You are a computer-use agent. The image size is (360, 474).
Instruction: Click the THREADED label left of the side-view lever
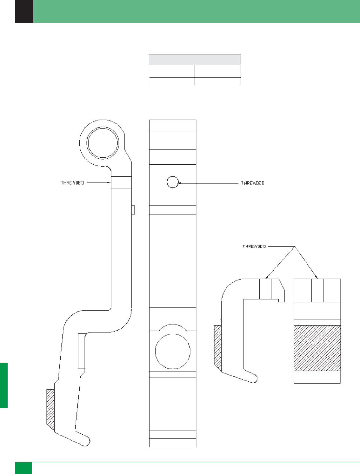[72, 183]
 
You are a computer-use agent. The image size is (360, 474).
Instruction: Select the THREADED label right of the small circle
[253, 183]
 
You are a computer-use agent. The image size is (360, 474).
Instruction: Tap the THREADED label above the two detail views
[254, 246]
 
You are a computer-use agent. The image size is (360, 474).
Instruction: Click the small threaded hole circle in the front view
[173, 182]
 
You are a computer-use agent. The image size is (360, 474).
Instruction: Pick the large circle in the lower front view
[173, 351]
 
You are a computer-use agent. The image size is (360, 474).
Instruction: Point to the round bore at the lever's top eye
[103, 143]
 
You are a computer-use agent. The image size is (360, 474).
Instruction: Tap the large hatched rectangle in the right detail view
[317, 348]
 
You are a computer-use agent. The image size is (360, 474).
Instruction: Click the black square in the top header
[24, 11]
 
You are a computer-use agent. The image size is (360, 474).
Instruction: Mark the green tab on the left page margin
[4, 385]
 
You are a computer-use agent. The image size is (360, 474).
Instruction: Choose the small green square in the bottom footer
[23, 468]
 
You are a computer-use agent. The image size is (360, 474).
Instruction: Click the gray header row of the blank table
[195, 60]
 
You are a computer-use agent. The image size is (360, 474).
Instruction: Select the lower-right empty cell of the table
[217, 81]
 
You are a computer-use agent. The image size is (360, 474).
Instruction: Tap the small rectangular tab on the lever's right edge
[133, 210]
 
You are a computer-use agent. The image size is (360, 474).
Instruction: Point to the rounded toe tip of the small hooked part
[254, 378]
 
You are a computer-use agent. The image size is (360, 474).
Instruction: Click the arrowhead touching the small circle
[180, 183]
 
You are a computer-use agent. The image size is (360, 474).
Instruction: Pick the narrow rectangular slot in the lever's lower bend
[81, 351]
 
